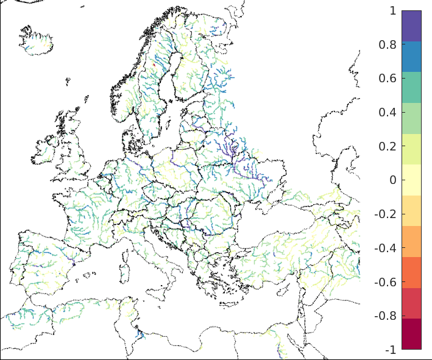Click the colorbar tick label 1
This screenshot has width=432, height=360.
392,11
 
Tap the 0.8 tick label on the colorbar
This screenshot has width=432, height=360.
388,45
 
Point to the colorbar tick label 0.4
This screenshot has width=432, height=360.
388,113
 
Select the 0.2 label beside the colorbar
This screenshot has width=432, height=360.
388,147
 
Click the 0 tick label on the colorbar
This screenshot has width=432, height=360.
392,180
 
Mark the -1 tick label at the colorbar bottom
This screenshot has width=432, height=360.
390,350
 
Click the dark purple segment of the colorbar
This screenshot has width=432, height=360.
411,26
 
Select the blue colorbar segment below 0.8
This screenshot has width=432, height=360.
411,57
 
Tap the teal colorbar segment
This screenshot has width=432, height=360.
411,87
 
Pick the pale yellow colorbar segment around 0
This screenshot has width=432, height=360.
411,180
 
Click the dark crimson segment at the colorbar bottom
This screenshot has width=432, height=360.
411,334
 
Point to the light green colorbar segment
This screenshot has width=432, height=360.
411,118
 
